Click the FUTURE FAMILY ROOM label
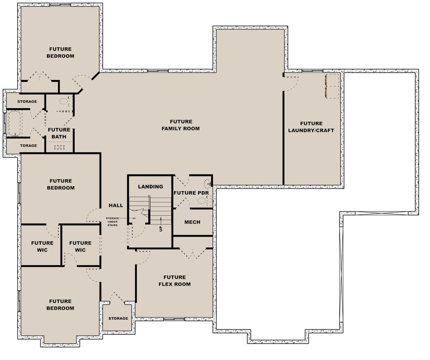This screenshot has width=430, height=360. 181,125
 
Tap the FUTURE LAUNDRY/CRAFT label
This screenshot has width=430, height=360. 311,127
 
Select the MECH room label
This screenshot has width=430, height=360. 192,222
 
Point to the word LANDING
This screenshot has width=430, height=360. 150,187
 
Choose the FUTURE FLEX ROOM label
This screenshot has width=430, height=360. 175,281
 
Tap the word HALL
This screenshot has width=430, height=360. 116,205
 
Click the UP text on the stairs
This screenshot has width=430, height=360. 160,229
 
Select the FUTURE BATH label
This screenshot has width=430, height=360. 59,133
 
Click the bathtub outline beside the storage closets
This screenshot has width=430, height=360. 15,123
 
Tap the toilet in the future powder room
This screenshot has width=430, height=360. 208,183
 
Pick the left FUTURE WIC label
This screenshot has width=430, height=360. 42,246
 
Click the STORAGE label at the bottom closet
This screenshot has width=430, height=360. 118,318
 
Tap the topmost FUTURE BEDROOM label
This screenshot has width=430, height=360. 60,52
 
